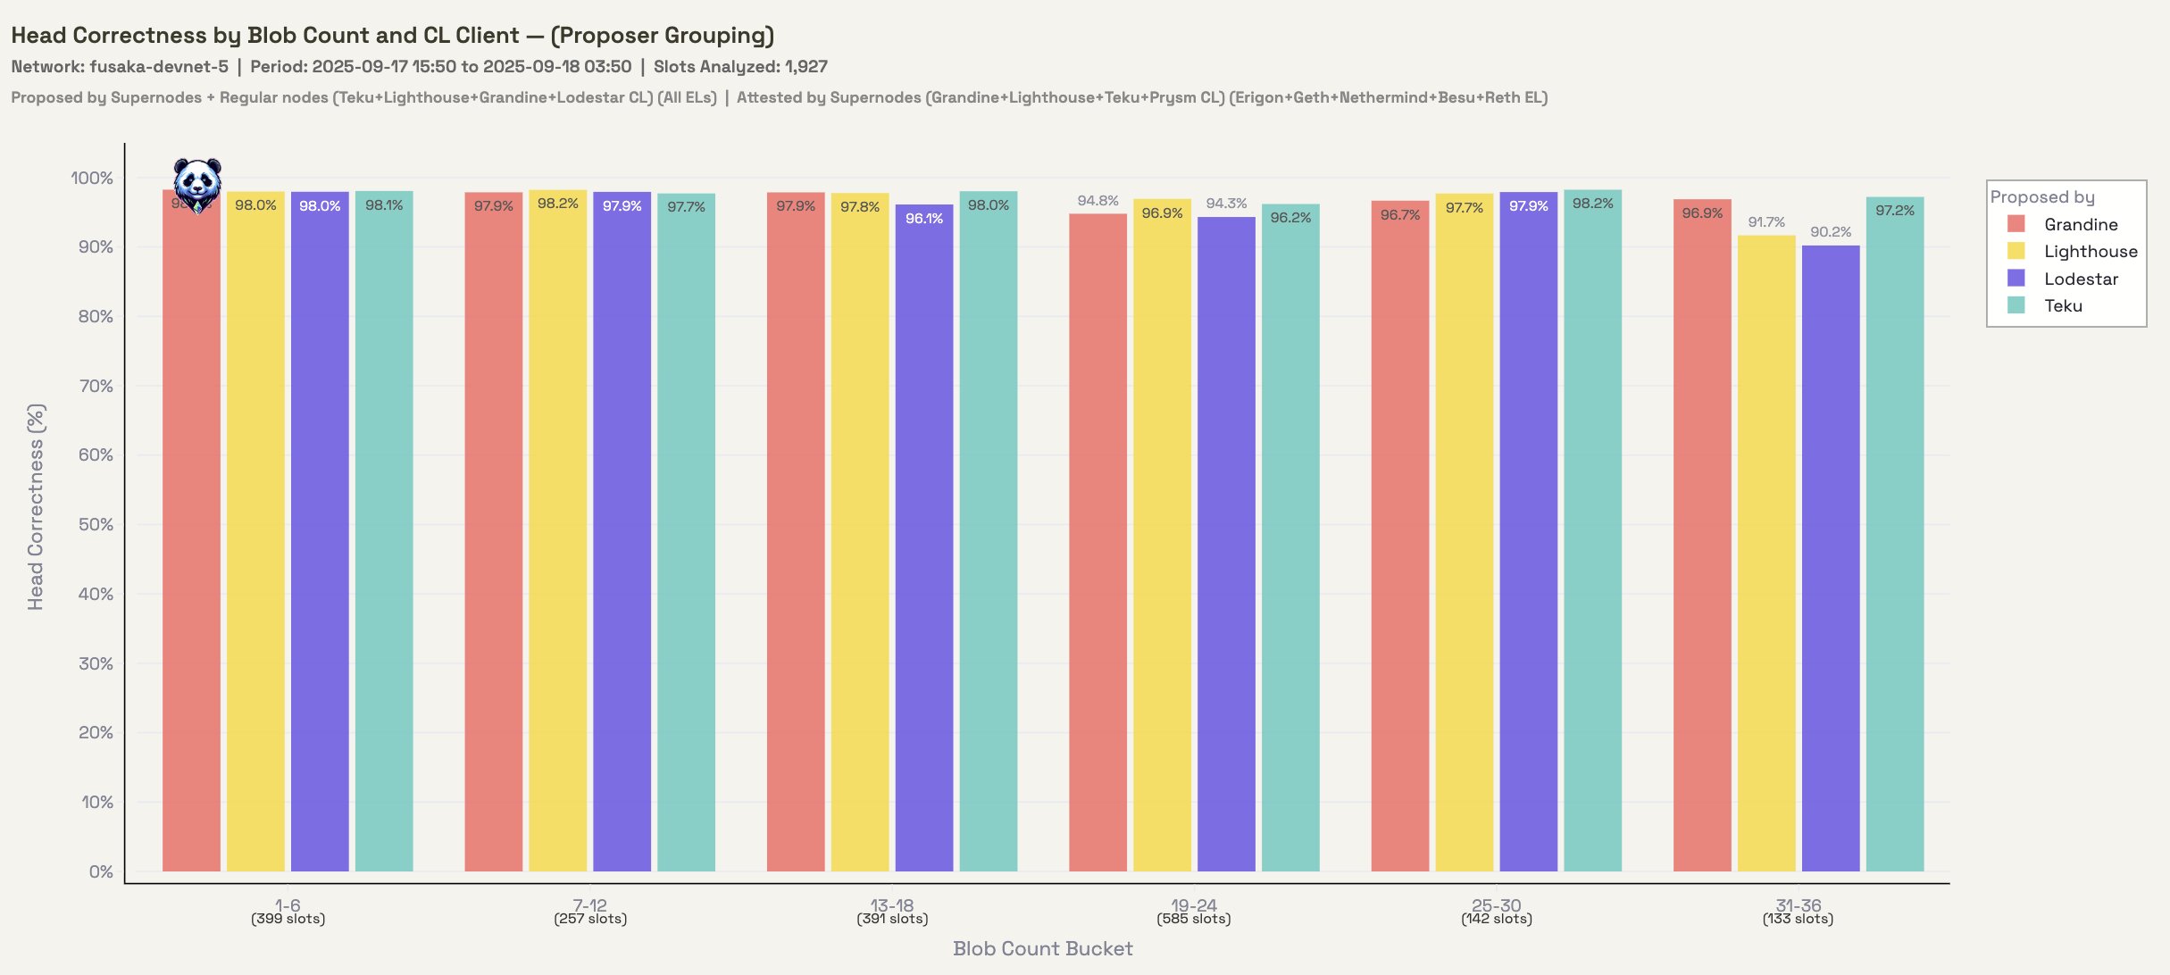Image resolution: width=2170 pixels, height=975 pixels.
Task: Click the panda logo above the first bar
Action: pyautogui.click(x=197, y=185)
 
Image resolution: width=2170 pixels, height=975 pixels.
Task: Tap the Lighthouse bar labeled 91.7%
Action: pyautogui.click(x=1766, y=554)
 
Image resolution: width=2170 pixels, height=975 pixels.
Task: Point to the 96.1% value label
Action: pyautogui.click(x=924, y=219)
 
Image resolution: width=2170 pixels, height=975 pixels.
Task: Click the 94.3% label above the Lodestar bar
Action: pyautogui.click(x=1226, y=204)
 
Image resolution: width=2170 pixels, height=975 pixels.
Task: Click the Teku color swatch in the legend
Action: pyautogui.click(x=2016, y=305)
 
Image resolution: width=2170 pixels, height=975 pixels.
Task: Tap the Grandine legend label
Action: pyautogui.click(x=2081, y=225)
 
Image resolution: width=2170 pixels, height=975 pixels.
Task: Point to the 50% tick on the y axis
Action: pyautogui.click(x=96, y=525)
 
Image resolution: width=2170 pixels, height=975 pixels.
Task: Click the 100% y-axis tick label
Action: pyautogui.click(x=92, y=179)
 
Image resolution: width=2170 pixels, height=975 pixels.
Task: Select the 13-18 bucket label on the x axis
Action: pyautogui.click(x=892, y=905)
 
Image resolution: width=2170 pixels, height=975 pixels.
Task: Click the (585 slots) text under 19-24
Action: pyautogui.click(x=1194, y=920)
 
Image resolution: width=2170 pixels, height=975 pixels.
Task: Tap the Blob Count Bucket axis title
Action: pyautogui.click(x=1042, y=949)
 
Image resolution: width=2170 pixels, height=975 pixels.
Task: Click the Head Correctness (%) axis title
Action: pyautogui.click(x=36, y=507)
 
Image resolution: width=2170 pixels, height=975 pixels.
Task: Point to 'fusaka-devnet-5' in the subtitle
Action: pyautogui.click(x=159, y=67)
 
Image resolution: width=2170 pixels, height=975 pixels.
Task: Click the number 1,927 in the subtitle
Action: pyautogui.click(x=806, y=67)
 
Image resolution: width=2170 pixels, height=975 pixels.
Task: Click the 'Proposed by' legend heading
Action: pyautogui.click(x=2042, y=197)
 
